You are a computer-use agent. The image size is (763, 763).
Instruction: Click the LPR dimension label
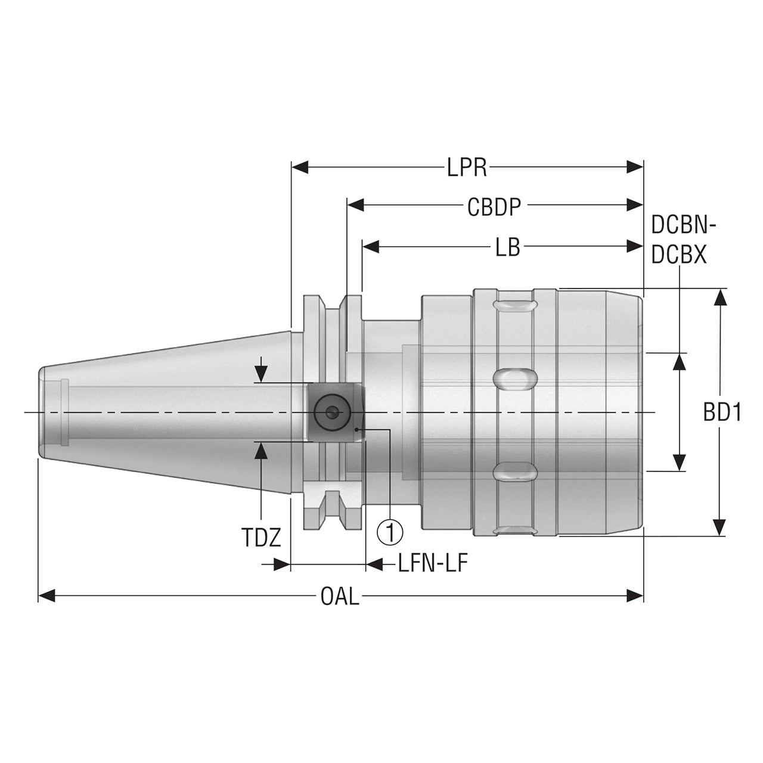467,168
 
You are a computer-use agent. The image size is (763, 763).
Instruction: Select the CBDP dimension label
494,207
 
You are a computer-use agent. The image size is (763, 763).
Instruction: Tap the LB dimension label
508,247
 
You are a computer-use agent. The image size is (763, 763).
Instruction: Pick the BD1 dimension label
722,412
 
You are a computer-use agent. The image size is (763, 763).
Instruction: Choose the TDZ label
261,538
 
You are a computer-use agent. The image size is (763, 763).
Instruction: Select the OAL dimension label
340,597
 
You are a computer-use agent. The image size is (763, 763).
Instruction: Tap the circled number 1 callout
390,532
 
